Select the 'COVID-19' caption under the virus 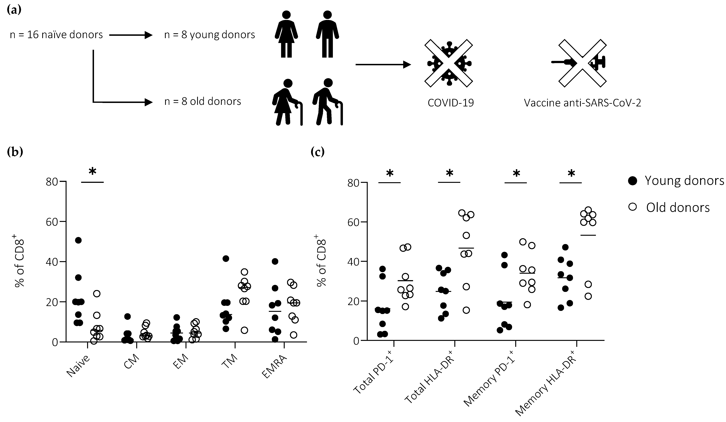pyautogui.click(x=451, y=103)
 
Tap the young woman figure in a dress pyautogui.click(x=286, y=35)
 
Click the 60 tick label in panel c pyautogui.click(x=353, y=222)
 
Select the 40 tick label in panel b pyautogui.click(x=52, y=262)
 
